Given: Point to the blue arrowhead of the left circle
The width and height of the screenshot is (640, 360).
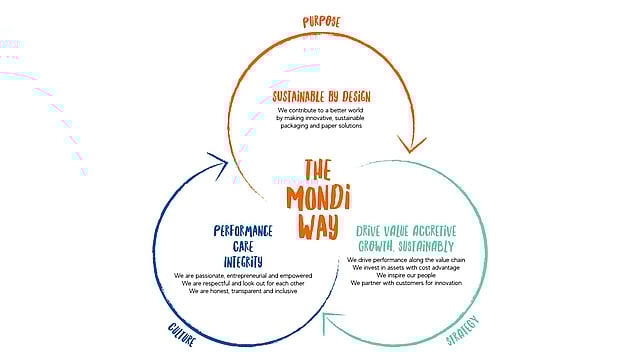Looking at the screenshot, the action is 215,163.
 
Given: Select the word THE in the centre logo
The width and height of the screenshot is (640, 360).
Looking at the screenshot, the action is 317,170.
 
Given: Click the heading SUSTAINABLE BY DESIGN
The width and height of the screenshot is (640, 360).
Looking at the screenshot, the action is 320,97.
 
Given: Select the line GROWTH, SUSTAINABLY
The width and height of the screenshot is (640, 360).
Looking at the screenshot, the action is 405,246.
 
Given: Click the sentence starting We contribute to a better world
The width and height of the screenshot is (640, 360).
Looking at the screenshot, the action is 320,111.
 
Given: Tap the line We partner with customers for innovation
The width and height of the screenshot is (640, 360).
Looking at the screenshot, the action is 405,283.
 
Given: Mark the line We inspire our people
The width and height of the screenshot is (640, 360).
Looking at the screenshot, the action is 405,275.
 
